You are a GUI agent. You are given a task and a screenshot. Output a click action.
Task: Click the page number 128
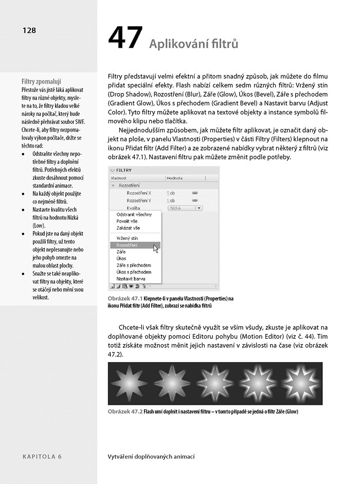[29, 30]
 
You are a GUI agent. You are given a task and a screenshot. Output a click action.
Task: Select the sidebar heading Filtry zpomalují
[41, 81]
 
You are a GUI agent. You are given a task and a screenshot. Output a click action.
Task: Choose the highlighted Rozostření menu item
[127, 246]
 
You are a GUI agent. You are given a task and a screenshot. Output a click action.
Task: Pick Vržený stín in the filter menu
[127, 238]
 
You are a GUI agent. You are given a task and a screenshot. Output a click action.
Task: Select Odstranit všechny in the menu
[134, 214]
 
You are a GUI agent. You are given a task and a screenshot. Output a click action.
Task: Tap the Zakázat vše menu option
[128, 228]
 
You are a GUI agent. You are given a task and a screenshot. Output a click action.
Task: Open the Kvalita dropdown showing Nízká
[185, 208]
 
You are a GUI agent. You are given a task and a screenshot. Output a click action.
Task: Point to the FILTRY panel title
[124, 170]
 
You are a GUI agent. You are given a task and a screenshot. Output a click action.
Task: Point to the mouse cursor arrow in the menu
[156, 249]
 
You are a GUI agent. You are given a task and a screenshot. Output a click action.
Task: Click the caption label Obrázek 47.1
[125, 299]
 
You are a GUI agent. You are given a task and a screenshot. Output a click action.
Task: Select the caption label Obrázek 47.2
[125, 412]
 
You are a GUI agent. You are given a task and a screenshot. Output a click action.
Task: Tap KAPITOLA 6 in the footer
[42, 456]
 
